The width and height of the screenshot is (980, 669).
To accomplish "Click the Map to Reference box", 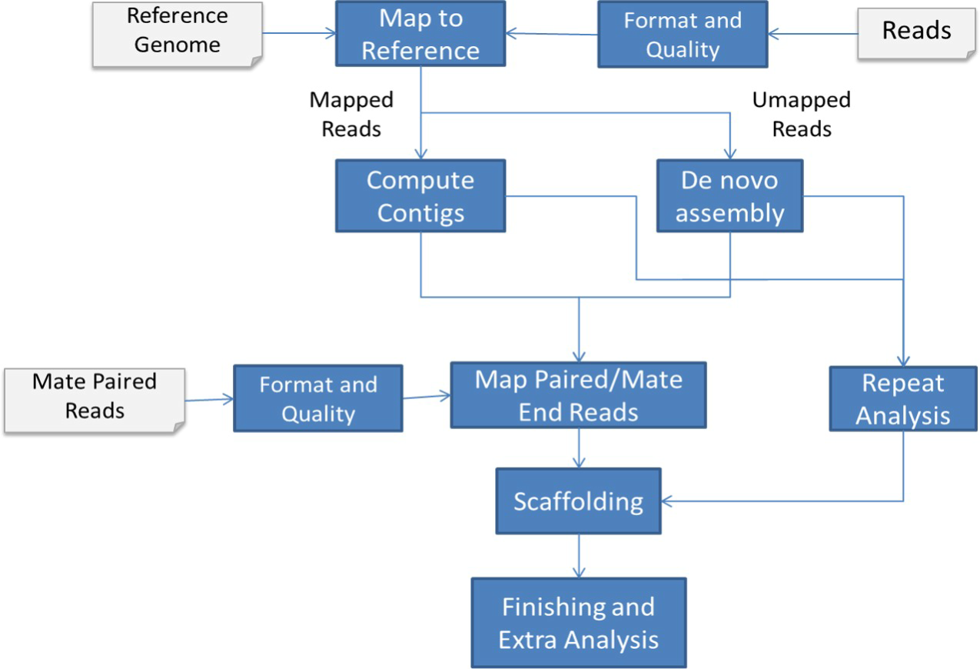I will (420, 35).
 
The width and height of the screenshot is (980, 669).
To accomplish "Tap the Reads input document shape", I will (916, 32).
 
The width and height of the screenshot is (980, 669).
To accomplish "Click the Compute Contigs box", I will (420, 195).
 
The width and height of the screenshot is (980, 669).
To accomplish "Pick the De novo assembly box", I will (729, 195).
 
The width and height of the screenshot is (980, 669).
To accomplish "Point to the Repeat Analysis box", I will (903, 398).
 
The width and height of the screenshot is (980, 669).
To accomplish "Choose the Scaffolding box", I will (578, 501).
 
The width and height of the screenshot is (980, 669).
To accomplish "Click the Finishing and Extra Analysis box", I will (578, 623).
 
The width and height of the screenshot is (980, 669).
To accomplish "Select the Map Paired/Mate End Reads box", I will (578, 396).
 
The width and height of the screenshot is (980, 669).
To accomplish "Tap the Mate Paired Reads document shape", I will (94, 398).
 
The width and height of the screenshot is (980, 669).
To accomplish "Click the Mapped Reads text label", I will (351, 114).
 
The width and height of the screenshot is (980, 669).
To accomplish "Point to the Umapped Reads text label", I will (802, 114).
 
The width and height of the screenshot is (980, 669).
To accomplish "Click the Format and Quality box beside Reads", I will (683, 35).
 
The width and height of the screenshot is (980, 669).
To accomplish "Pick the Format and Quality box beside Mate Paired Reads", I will (317, 398).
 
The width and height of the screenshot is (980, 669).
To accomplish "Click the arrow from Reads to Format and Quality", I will (813, 34).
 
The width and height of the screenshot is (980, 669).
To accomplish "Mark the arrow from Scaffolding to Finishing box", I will (578, 556).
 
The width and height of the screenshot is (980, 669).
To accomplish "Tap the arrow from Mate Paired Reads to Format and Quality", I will (209, 399).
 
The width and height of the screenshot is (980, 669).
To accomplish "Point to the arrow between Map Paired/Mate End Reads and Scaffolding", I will (578, 448).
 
